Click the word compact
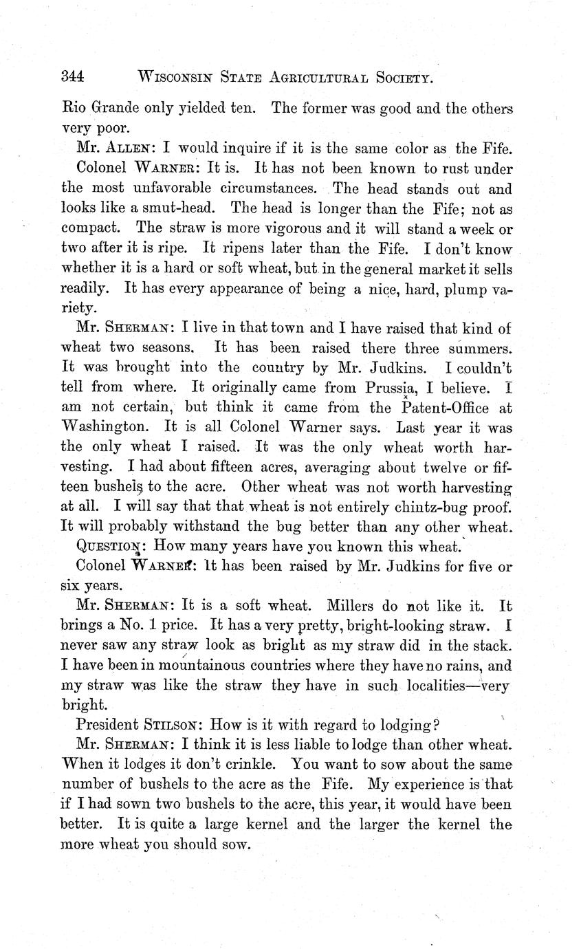[92, 228]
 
